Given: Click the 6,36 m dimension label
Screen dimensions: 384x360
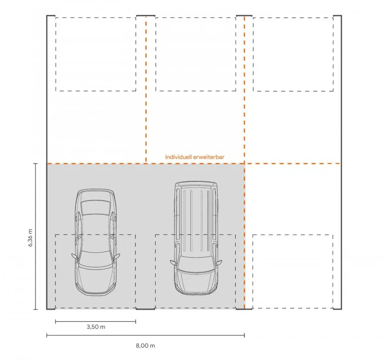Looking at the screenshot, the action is click(30, 238).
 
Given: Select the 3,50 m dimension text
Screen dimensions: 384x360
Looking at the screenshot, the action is click(96, 327).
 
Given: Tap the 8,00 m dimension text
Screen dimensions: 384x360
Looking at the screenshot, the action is click(145, 345).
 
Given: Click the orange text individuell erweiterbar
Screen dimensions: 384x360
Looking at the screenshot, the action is click(195, 157).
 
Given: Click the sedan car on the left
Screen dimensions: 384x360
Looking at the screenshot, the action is click(96, 243).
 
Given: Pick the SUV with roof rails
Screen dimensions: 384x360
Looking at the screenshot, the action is click(196, 238).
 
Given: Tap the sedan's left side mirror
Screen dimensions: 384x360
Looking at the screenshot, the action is click(74, 256).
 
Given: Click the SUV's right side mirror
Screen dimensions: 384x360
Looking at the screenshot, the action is click(219, 263).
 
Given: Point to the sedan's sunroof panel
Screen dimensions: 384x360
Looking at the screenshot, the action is click(96, 207).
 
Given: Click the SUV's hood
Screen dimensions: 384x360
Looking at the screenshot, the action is click(196, 282).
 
